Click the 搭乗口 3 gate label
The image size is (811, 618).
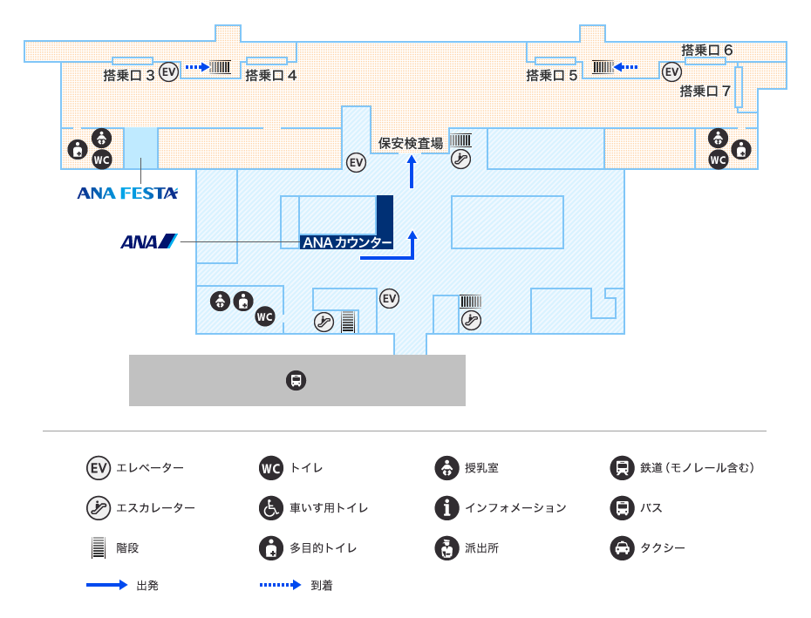coord(129,76)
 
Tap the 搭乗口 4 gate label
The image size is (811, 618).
coord(270,76)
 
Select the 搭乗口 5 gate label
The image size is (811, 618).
coord(551,76)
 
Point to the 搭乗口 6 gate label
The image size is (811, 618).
coord(706,51)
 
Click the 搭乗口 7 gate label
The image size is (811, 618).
coord(705,91)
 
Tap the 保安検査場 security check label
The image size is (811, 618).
coord(411,143)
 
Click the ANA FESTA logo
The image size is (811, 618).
coord(127,194)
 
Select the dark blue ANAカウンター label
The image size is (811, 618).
coord(346,242)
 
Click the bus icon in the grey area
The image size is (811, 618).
coord(296,381)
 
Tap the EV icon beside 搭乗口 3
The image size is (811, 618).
coord(168,71)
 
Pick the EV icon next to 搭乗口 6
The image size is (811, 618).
coord(671,71)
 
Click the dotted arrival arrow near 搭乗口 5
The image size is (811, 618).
coord(625,67)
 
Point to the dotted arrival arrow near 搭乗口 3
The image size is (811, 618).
coord(198,67)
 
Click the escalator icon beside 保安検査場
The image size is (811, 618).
coord(460,159)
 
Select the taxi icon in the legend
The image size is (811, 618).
coord(623,547)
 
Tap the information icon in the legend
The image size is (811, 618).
coord(446,508)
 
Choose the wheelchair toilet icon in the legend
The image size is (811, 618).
coord(271,508)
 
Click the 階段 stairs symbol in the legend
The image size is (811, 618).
coord(99,547)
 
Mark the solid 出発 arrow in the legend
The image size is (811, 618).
coord(106,585)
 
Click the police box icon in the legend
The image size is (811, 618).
coord(446,547)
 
